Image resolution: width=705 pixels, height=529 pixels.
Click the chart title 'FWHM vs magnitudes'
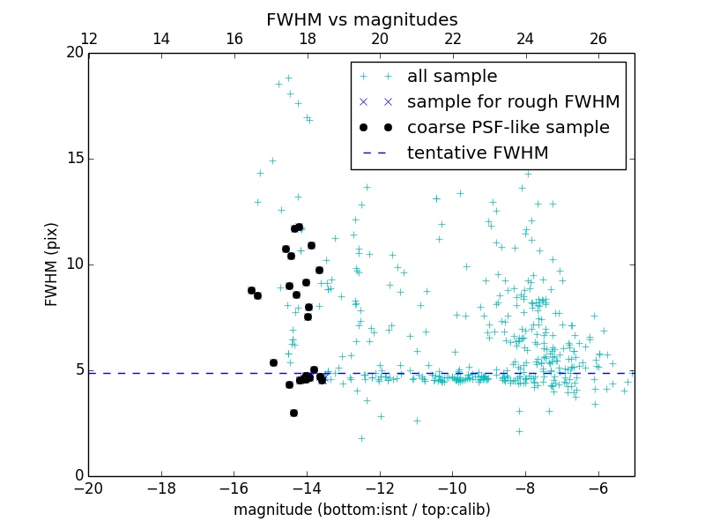pos(361,19)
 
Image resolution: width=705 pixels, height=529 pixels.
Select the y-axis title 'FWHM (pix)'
pos(52,264)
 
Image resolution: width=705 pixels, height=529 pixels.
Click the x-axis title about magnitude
pos(361,510)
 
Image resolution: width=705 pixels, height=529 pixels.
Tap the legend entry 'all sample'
pos(452,77)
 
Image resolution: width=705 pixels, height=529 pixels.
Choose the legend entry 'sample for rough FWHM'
pos(513,102)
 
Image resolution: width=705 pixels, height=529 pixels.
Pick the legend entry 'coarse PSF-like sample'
pos(508,128)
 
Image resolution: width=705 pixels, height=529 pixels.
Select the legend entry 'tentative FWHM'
pos(478,153)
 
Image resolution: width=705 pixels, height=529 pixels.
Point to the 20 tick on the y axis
pos(74,53)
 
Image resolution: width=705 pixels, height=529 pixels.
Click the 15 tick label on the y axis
pos(74,159)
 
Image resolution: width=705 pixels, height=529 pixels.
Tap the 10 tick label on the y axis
pos(74,264)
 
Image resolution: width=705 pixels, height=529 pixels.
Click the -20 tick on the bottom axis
pos(89,487)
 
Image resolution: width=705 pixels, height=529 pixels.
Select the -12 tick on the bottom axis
pos(380,487)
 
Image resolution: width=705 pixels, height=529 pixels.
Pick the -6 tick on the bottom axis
pos(598,487)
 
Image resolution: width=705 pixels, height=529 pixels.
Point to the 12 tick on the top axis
pos(89,39)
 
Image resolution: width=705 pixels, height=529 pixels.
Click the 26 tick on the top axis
pos(598,39)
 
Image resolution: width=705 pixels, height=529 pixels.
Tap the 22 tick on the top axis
pos(453,39)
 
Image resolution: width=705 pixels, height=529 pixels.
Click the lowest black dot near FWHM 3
pos(293,413)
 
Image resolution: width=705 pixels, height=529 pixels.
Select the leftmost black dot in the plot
pos(251,290)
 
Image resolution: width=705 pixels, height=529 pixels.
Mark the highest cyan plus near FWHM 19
pos(287,78)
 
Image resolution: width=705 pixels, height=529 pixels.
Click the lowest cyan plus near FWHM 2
pos(361,438)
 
